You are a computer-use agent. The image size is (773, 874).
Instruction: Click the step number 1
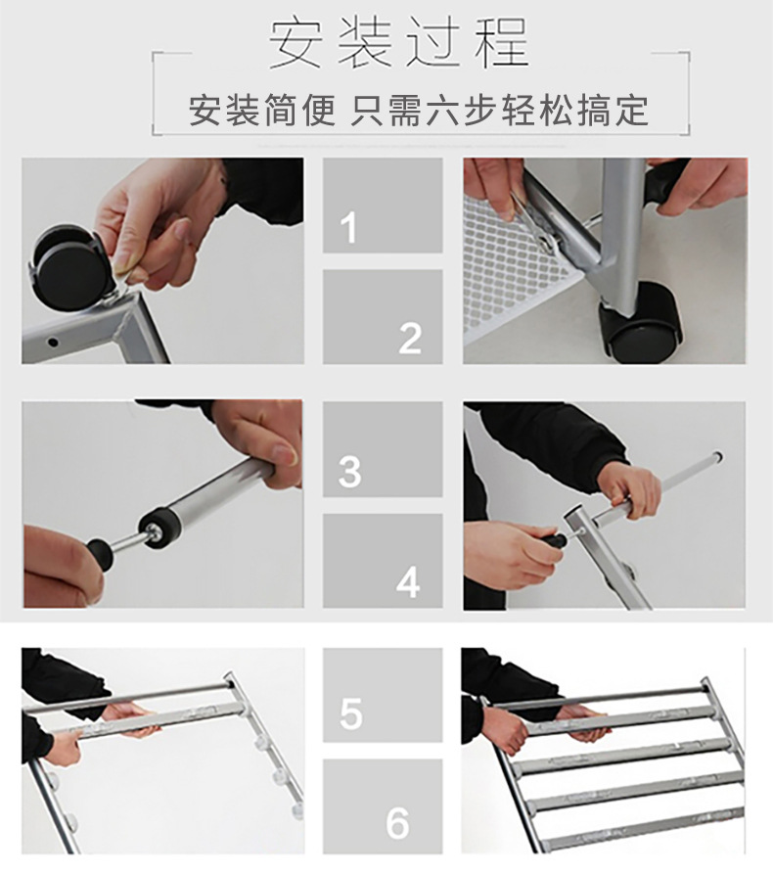click(349, 227)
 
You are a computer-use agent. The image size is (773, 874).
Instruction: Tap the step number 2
click(410, 339)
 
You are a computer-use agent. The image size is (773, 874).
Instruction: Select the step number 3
click(350, 472)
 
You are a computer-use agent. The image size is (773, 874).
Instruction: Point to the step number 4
click(408, 583)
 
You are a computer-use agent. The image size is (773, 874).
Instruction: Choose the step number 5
click(351, 713)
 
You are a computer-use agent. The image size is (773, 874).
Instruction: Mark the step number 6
click(397, 823)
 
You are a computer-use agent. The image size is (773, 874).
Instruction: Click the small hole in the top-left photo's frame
click(53, 342)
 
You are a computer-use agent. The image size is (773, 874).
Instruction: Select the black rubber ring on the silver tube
click(159, 528)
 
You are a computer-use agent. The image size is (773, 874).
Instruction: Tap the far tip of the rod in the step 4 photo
click(718, 456)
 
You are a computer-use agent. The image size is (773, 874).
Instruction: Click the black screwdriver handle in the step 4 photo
click(554, 540)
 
